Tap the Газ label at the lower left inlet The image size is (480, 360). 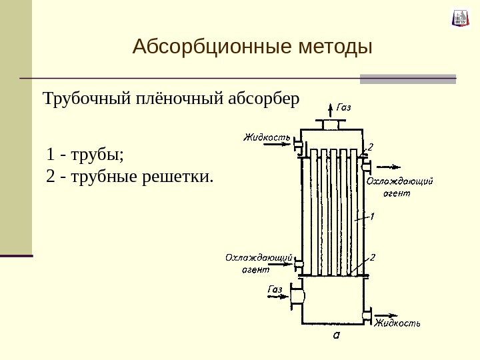pos(275,289)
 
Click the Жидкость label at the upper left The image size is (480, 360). pos(266,138)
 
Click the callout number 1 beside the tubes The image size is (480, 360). pos(372,216)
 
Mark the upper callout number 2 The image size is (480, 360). pos(371,145)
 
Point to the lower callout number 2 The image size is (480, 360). pos(373,257)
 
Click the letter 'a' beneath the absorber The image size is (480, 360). pos(335,335)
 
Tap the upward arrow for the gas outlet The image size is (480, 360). pos(331,111)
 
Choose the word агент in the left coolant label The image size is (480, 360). pos(257,269)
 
